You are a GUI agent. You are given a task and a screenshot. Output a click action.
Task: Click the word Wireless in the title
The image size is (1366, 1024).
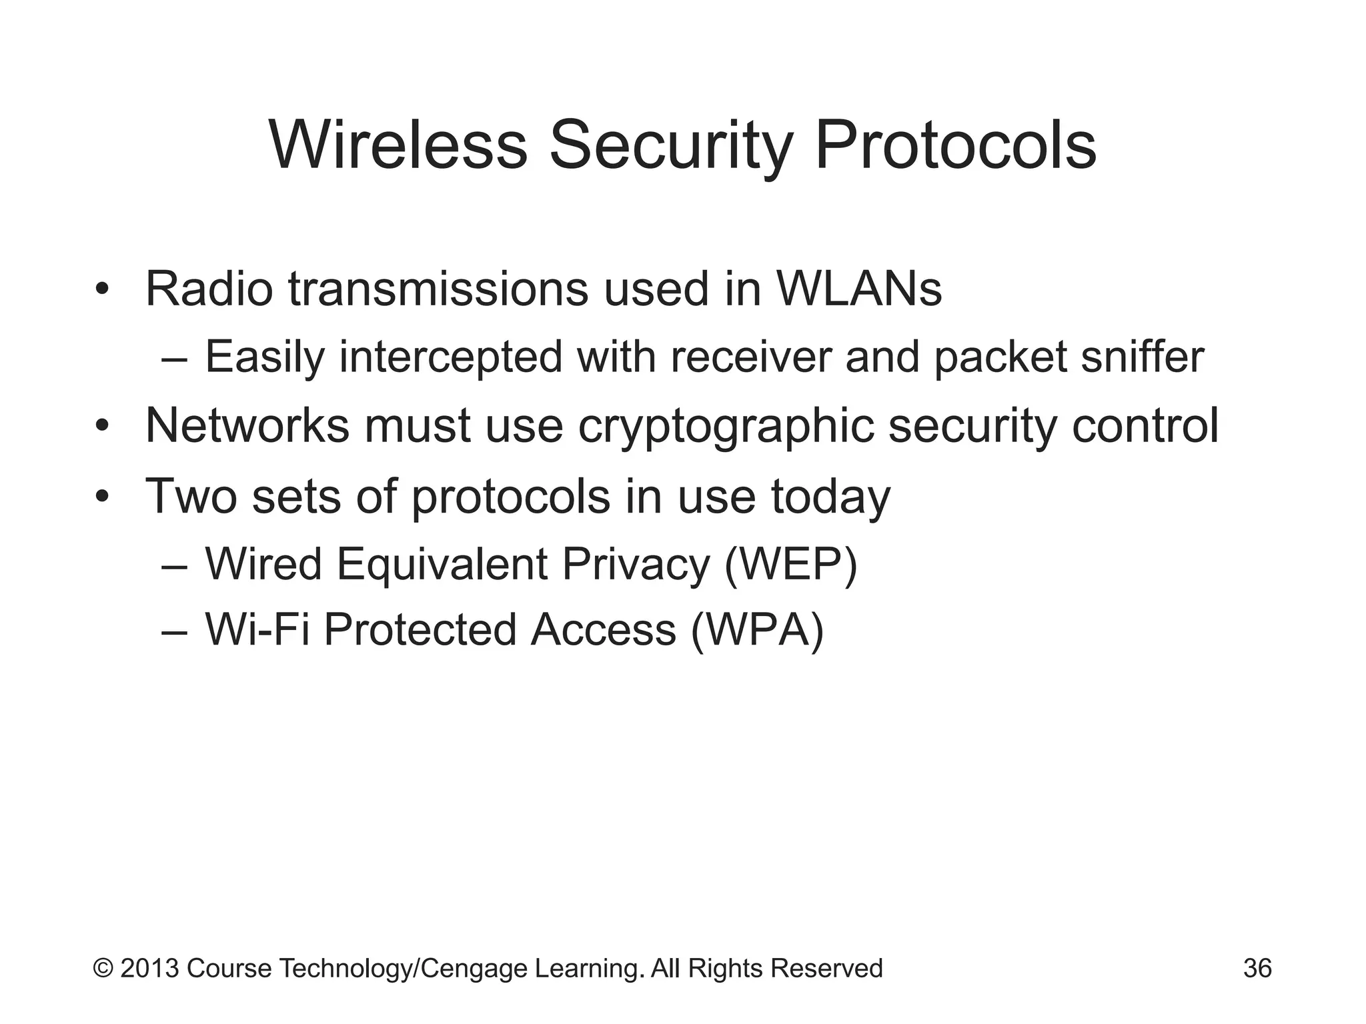(x=398, y=145)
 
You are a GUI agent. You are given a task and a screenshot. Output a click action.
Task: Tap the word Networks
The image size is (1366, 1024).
(x=247, y=425)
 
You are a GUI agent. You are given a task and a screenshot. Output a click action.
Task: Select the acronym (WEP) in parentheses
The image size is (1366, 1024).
(x=790, y=565)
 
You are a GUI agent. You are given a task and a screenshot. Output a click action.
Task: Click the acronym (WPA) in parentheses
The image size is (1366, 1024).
(x=758, y=630)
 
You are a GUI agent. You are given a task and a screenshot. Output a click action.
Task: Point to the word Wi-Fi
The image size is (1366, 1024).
(x=257, y=630)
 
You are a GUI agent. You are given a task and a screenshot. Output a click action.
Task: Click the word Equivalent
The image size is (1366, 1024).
(x=442, y=565)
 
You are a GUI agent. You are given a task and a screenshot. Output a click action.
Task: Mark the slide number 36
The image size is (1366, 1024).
(x=1257, y=968)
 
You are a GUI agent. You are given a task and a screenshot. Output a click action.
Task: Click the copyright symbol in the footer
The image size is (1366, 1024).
(x=103, y=968)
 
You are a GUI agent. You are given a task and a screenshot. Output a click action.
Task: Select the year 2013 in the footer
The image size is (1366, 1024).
(x=149, y=968)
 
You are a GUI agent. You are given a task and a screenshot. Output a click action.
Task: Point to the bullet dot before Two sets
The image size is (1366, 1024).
(x=101, y=497)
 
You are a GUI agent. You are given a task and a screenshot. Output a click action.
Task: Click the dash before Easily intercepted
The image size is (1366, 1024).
(x=175, y=358)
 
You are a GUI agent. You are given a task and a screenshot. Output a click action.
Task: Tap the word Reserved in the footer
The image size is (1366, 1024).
(x=826, y=968)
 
